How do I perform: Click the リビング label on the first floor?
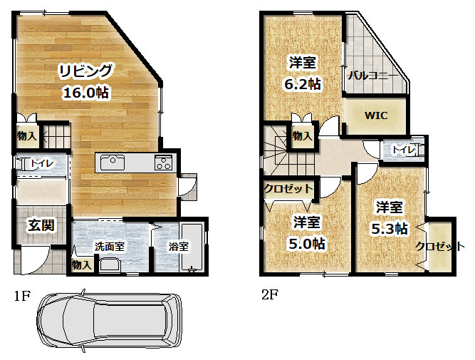point(85,71)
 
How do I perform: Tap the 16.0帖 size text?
point(85,92)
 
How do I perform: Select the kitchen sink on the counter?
point(113,163)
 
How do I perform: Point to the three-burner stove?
point(164,163)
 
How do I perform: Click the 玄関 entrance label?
point(41,225)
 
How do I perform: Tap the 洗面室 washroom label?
point(110,246)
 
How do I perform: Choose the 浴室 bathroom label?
point(179,247)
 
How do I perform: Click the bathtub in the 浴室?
point(192,247)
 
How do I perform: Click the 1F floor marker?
point(22,296)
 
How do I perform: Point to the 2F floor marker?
point(270,294)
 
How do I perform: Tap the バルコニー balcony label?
point(372,76)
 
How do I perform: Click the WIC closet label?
point(375,115)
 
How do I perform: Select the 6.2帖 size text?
point(303,84)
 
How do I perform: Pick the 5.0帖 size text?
point(307,244)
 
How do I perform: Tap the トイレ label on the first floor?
point(42,163)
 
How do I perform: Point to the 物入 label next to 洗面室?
point(82,265)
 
